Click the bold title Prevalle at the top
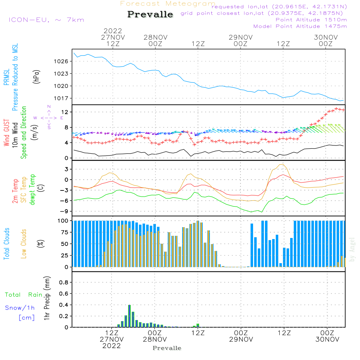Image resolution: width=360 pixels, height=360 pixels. (150, 14)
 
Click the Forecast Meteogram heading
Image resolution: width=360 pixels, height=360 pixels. (168, 4)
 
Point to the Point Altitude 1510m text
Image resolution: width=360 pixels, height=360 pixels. (311, 19)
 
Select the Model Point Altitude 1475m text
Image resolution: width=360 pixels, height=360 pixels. (300, 26)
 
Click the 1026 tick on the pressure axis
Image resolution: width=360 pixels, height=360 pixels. (62, 61)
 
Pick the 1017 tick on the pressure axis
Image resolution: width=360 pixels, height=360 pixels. (62, 98)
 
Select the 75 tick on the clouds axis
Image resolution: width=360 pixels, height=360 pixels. (64, 232)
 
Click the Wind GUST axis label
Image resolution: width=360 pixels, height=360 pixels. (6, 134)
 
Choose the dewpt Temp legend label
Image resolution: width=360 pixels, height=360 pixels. (32, 189)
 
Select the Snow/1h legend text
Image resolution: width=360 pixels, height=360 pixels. (20, 307)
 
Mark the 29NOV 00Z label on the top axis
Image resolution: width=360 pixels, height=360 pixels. (240, 40)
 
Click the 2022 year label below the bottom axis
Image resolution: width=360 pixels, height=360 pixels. (112, 346)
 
